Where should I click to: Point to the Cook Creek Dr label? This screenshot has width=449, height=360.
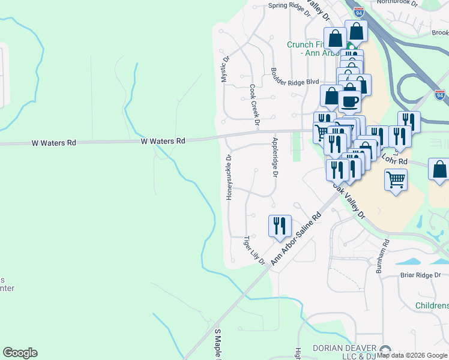pos(255,105)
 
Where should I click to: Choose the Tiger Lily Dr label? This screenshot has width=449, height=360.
pos(254,250)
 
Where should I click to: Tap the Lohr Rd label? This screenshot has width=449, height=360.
pos(394,161)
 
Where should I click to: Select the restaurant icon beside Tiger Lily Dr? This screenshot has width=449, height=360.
pos(280,226)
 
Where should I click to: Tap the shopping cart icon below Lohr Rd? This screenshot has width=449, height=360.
pos(396,179)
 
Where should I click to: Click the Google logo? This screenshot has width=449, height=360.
pos(20,353)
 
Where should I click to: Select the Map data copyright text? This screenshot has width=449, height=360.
pos(412,356)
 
